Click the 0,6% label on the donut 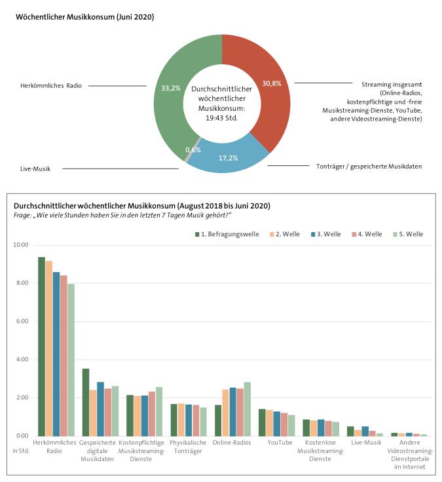click(193, 150)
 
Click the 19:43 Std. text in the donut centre click(223, 118)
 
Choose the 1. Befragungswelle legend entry click(229, 233)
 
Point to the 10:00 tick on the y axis click(22, 245)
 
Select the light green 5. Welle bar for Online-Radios click(247, 409)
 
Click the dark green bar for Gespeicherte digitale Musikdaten click(85, 402)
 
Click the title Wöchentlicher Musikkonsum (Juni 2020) click(85, 17)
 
